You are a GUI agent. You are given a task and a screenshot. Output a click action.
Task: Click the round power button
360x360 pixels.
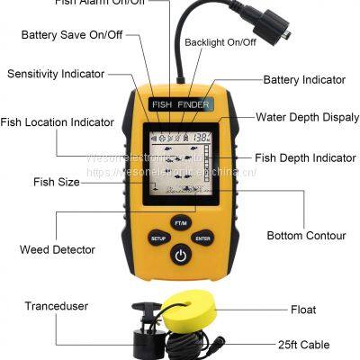(181, 255)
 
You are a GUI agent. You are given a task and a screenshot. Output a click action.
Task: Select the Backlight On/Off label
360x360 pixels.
(220, 42)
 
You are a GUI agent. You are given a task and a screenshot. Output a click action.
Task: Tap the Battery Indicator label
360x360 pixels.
(304, 80)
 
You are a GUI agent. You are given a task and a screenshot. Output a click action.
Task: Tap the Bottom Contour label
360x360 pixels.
(306, 236)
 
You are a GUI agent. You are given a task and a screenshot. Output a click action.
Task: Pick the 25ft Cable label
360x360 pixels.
(303, 345)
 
